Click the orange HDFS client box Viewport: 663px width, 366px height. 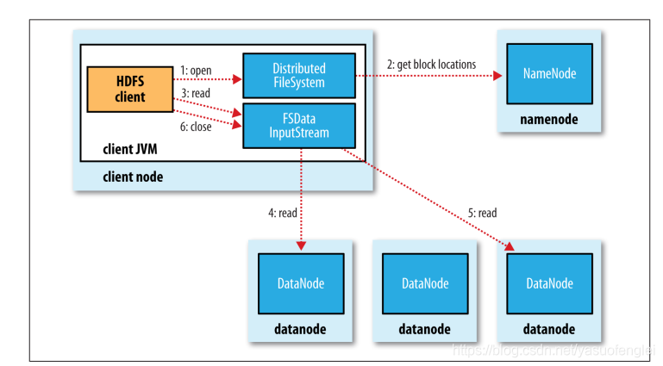coord(130,89)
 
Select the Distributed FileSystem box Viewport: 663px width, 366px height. coord(299,76)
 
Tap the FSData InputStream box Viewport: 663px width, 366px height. coord(299,126)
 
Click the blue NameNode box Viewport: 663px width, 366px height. coord(549,74)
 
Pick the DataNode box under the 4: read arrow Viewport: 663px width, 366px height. coord(301,283)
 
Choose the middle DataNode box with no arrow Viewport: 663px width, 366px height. coord(425,283)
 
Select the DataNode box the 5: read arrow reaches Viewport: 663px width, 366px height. coord(549,283)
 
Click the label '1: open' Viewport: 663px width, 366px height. coord(196,71)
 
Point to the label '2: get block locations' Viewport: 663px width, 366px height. coord(431,65)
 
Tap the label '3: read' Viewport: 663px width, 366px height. coord(196,93)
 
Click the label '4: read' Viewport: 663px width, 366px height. coord(283,213)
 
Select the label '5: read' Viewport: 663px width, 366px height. coord(483,213)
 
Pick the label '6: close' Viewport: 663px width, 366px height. coord(196,127)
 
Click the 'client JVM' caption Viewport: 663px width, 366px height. coord(130,149)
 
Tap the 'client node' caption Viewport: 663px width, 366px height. coord(133,177)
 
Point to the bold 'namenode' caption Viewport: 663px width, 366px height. coord(549,120)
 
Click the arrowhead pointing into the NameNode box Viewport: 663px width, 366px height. coord(497,76)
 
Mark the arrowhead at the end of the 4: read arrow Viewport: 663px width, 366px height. coord(301,245)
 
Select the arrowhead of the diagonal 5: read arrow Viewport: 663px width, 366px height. coord(510,246)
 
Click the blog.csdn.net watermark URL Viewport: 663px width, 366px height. coord(553,350)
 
